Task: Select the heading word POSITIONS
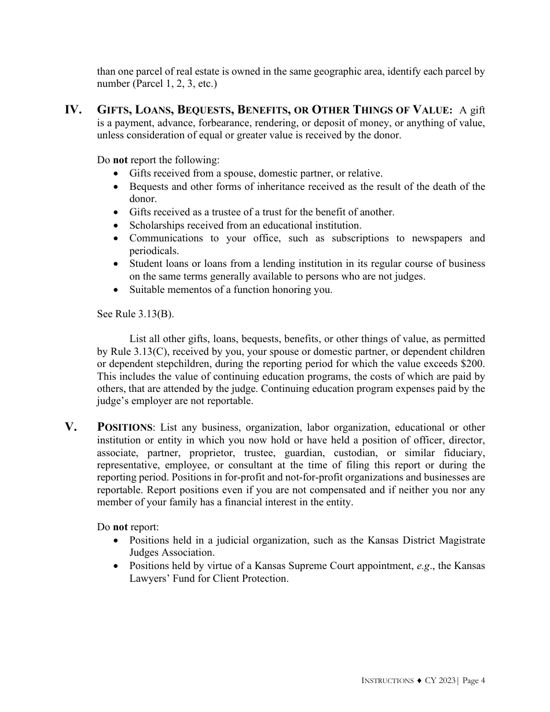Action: click(124, 428)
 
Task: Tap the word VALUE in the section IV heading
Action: click(431, 110)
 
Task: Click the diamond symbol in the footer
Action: click(419, 681)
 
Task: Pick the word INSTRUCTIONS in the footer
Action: click(387, 681)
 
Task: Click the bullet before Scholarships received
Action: click(118, 226)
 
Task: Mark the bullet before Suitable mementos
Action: click(118, 289)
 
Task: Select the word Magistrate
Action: click(460, 540)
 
